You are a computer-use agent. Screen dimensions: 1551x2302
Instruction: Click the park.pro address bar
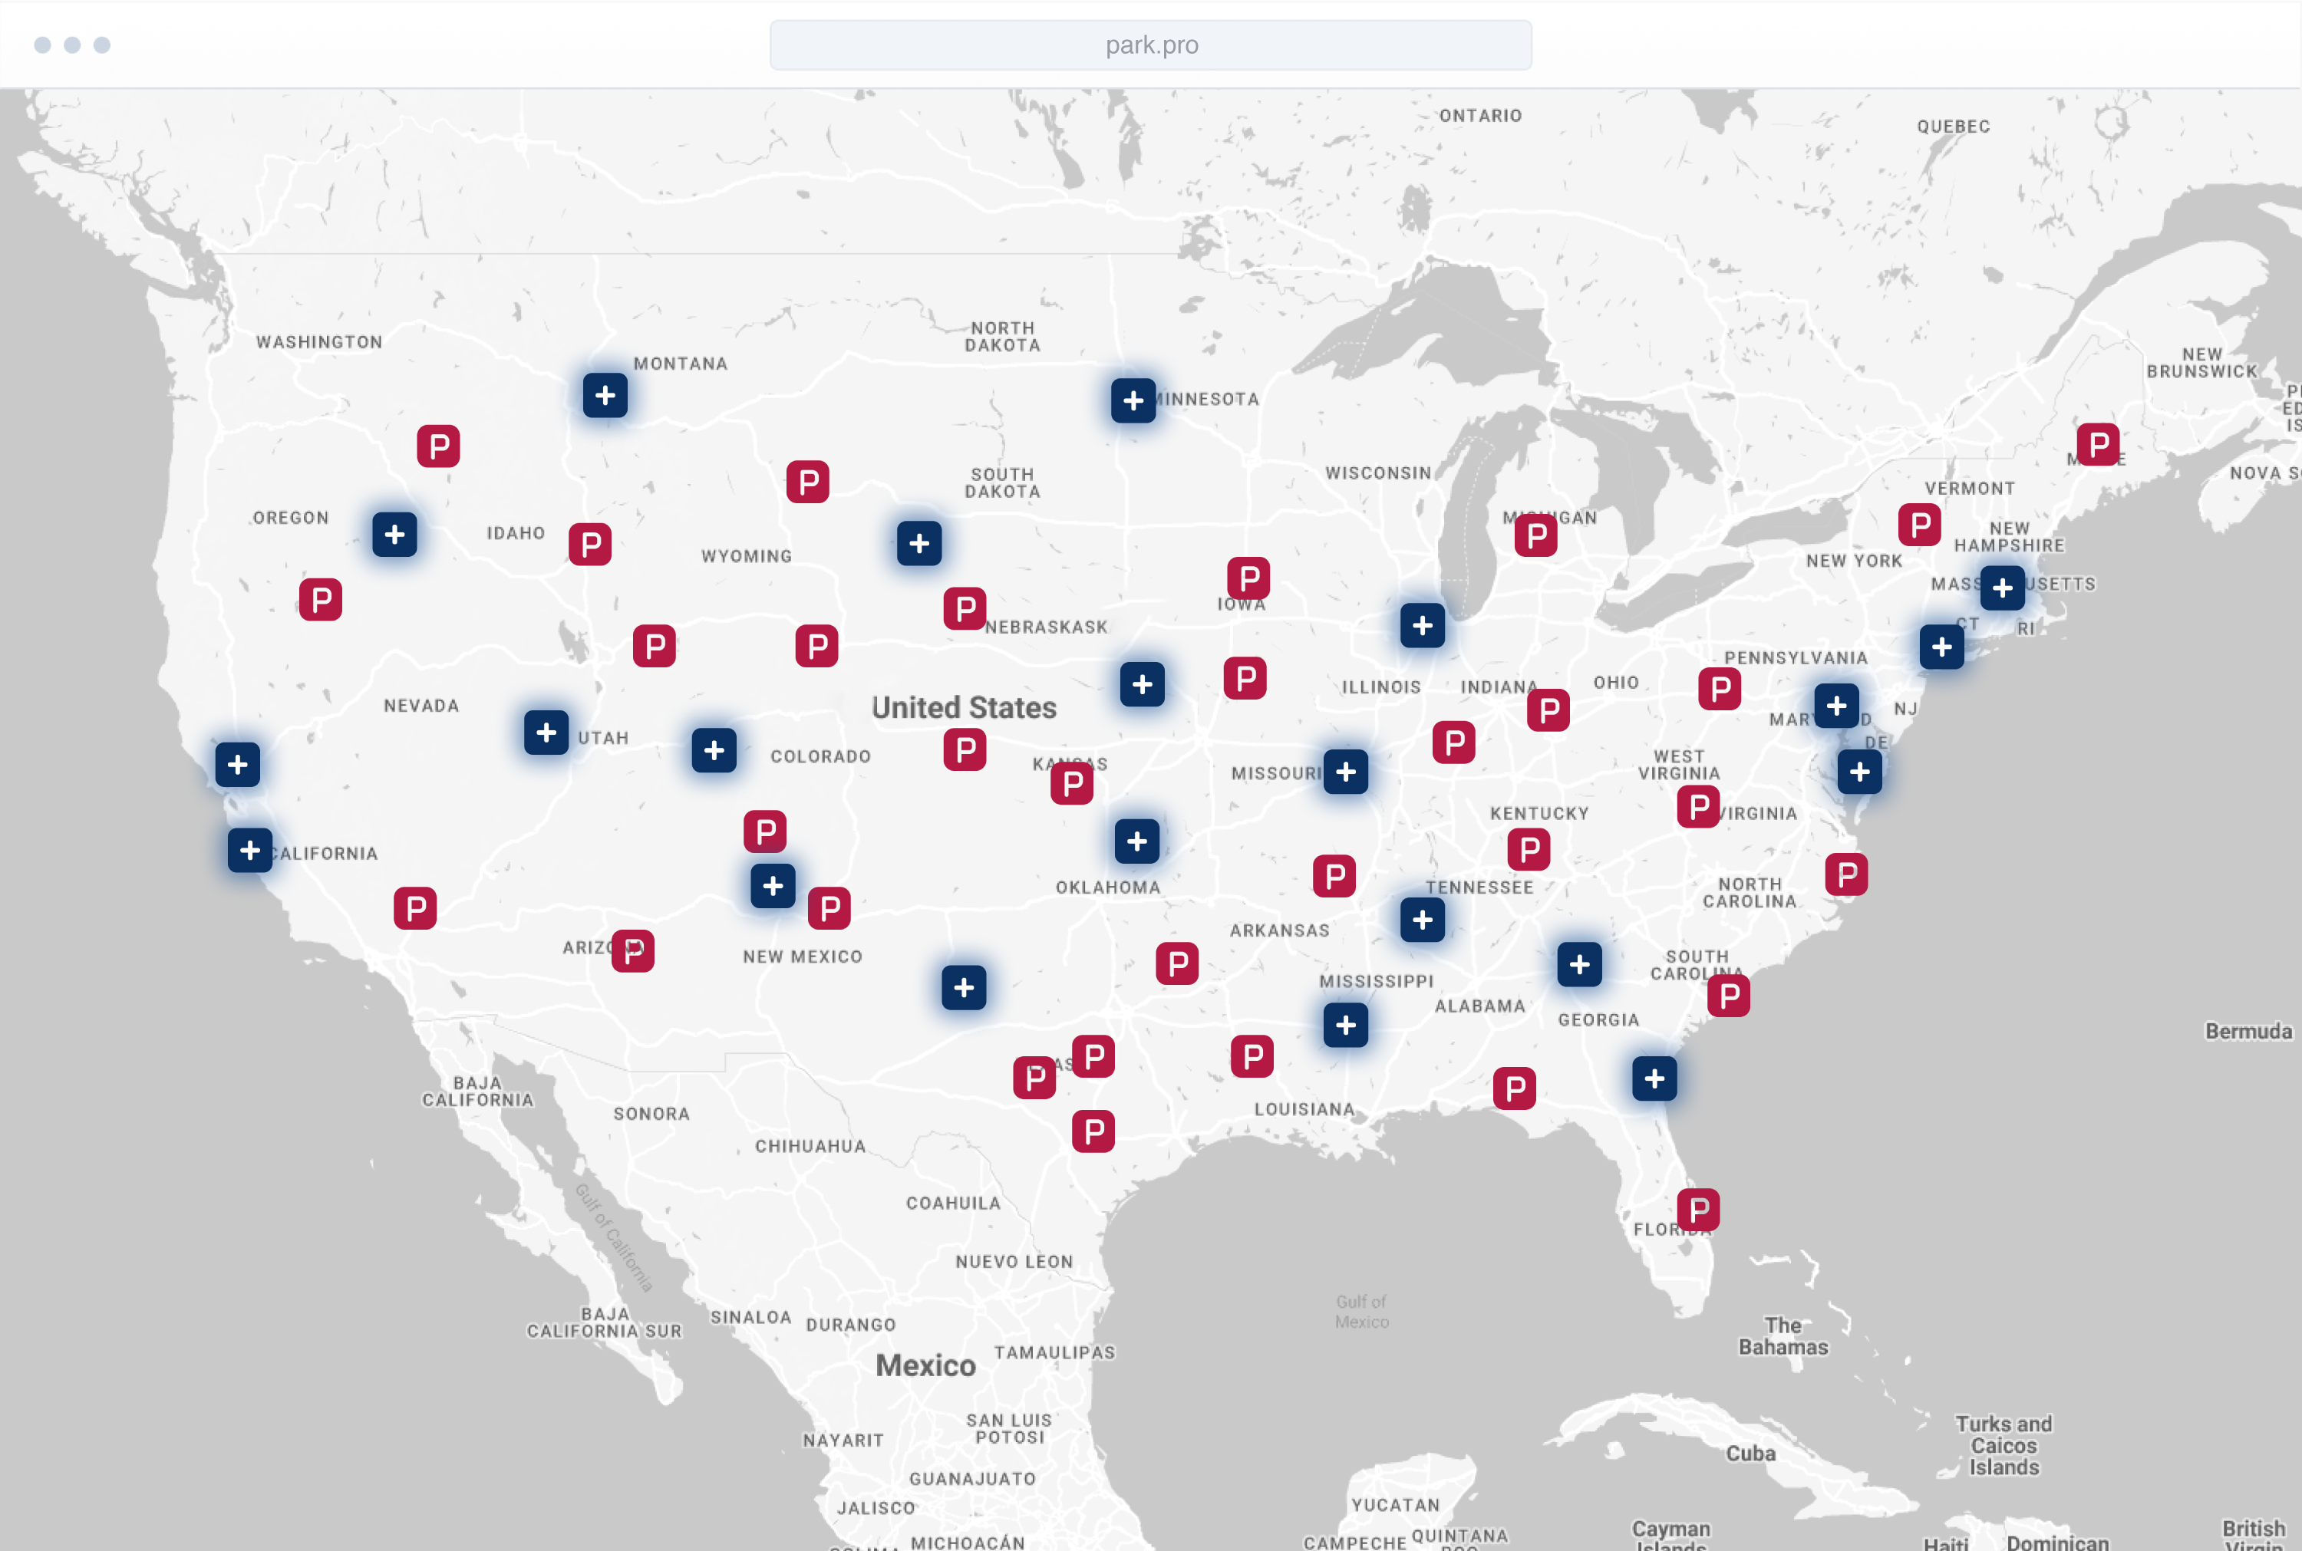1150,45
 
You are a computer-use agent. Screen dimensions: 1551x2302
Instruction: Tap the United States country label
964,707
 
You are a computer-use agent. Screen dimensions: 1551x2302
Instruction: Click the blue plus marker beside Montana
605,396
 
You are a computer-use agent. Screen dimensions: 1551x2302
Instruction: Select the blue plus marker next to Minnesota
1133,400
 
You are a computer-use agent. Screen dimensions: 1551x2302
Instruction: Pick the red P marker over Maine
2097,445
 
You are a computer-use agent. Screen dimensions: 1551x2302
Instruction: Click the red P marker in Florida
1697,1210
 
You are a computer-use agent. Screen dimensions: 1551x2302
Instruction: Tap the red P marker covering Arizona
632,950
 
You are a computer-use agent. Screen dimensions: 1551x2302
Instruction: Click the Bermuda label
2248,1032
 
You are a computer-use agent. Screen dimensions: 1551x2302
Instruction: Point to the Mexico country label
925,1365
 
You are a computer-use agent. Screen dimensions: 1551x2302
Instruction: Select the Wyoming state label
746,556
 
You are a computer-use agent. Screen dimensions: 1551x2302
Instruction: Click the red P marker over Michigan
1535,536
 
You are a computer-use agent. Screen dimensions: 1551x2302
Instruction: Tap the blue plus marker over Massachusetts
2001,588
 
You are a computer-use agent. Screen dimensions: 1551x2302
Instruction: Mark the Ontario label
1480,116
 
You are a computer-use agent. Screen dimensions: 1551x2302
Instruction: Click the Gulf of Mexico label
1361,1312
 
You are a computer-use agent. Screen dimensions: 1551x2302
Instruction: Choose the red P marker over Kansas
1071,783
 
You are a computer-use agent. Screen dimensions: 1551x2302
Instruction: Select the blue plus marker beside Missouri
1345,772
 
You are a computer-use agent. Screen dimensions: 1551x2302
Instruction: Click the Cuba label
1750,1453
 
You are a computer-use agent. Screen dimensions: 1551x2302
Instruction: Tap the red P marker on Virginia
1697,806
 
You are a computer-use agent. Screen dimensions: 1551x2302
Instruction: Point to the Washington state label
318,342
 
